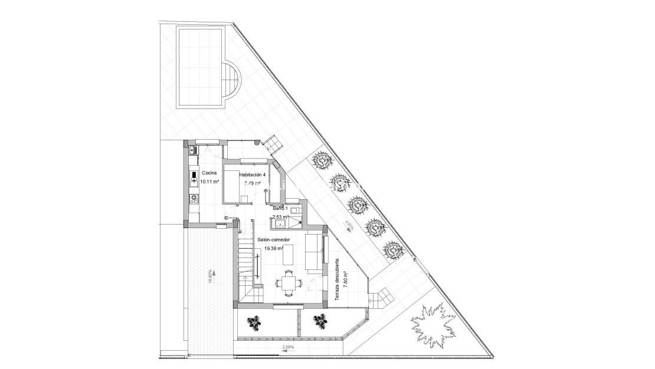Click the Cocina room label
(209, 173)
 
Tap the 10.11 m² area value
(209, 182)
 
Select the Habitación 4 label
(253, 175)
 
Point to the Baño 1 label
(280, 209)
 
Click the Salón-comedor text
(274, 240)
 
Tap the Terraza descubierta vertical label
(337, 280)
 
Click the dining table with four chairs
(288, 282)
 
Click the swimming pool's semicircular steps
(232, 84)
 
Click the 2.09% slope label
(289, 348)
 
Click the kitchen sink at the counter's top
(192, 150)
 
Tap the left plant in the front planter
(254, 322)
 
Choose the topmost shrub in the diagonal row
(322, 160)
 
